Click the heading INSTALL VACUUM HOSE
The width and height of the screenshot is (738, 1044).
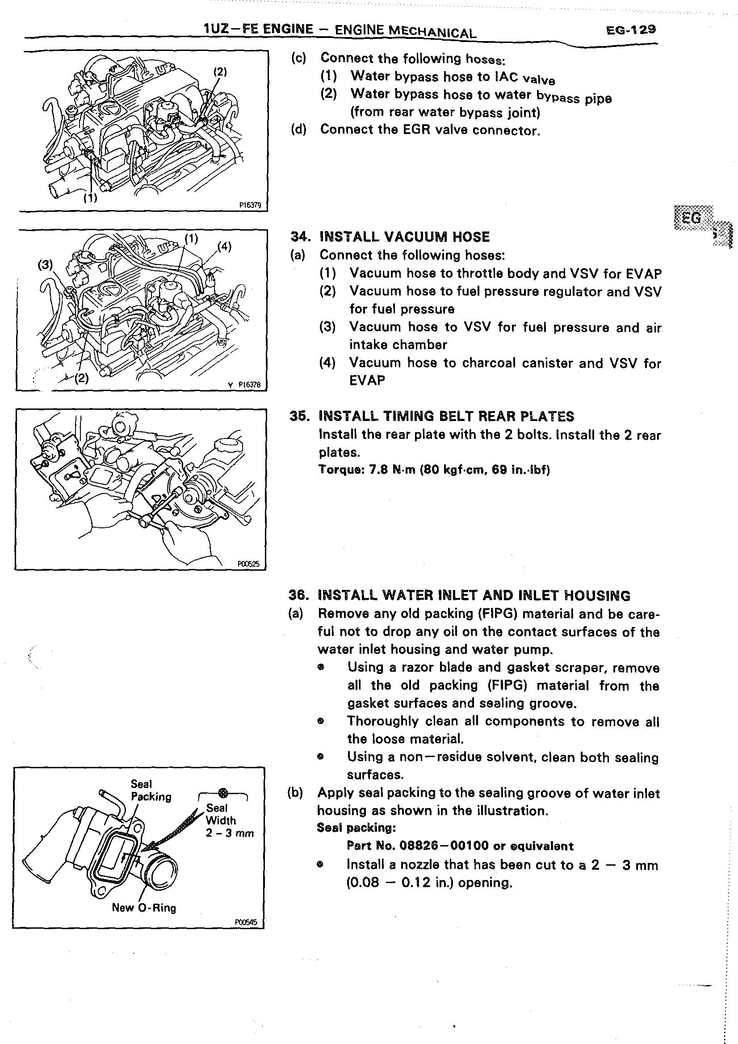(x=404, y=237)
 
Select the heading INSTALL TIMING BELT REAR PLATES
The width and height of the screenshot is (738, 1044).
(x=446, y=416)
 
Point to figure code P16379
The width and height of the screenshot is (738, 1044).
(x=250, y=205)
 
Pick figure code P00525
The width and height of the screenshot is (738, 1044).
(x=248, y=564)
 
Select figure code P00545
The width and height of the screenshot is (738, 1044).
(x=246, y=922)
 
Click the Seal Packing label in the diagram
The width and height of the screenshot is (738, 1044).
(x=151, y=790)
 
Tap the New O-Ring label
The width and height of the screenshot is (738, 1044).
(x=143, y=908)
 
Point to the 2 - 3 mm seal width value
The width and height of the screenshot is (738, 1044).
(x=230, y=833)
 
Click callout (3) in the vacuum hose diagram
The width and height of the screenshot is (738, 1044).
(x=45, y=265)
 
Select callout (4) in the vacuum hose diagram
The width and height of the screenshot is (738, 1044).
(x=224, y=247)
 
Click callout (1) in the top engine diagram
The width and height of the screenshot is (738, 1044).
(x=90, y=198)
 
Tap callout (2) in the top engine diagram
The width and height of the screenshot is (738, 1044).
(x=220, y=72)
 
